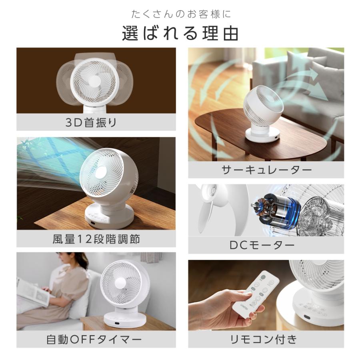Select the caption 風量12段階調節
[x=96, y=239]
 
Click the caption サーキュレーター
[x=266, y=170]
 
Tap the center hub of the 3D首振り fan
[x=95, y=80]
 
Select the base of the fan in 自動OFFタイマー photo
[x=122, y=318]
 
